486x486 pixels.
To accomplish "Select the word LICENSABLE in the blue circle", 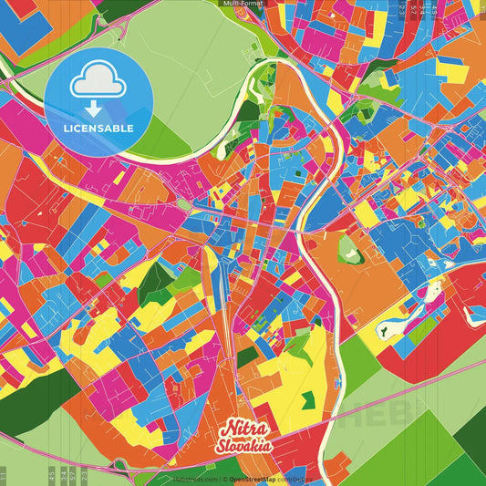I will click(x=98, y=128).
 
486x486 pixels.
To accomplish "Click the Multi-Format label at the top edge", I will click(x=243, y=4).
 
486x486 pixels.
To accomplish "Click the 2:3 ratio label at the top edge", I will click(x=402, y=9).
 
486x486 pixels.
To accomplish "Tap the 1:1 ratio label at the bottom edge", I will click(x=4, y=475).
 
